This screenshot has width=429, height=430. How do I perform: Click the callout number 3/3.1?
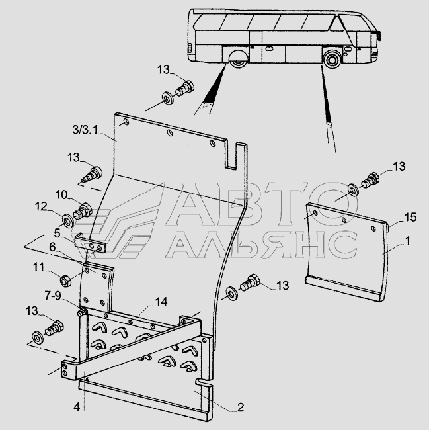click(85, 129)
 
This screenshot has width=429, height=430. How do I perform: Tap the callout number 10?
click(61, 194)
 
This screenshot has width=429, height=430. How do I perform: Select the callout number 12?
click(41, 206)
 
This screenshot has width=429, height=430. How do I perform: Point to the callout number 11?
click(38, 267)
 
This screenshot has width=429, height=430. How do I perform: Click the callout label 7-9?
click(53, 296)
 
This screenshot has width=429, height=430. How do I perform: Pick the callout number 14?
click(161, 302)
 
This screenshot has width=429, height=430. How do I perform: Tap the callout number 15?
click(410, 217)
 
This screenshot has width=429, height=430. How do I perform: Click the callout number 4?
click(77, 407)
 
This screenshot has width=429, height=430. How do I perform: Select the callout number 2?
click(240, 407)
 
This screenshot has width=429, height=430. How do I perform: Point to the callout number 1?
click(408, 241)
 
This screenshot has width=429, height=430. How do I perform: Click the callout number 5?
click(57, 233)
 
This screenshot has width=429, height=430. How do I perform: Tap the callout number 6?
click(52, 247)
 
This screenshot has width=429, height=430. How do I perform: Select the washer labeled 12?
click(67, 221)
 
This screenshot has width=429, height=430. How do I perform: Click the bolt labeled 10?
click(83, 212)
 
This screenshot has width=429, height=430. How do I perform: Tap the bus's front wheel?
click(332, 59)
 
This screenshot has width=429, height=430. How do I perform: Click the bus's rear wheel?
click(238, 60)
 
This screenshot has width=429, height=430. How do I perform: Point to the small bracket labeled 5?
click(90, 244)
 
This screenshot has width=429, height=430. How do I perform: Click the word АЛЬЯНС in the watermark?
click(261, 244)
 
